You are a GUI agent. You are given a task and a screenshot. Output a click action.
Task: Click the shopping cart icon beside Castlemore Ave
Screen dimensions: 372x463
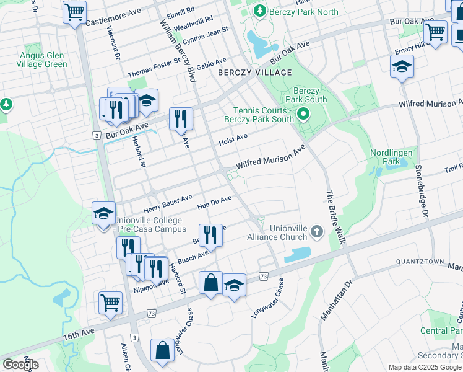74,11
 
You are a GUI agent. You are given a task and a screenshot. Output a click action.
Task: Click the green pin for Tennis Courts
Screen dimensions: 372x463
303,113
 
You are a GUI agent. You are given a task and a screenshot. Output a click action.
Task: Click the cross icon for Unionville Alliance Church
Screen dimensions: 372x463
317,232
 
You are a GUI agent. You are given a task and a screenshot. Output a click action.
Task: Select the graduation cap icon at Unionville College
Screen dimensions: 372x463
103,215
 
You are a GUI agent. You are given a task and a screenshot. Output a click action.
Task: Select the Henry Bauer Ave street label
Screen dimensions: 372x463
168,201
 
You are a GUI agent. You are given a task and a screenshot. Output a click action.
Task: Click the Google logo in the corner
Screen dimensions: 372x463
20,365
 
